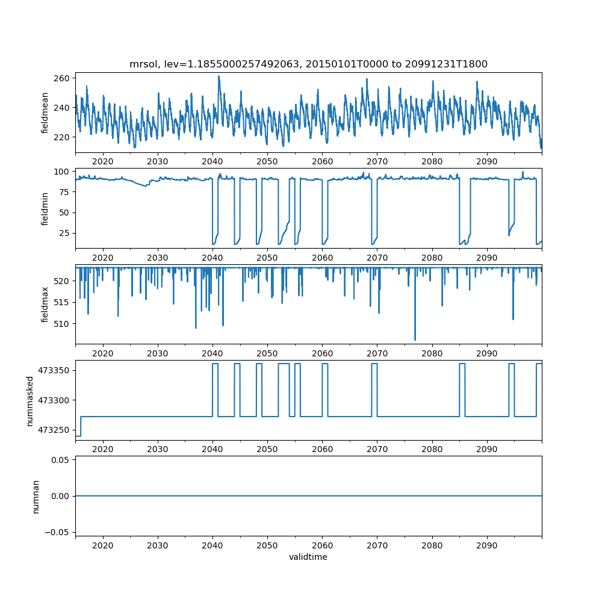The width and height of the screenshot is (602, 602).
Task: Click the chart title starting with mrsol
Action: pos(308,64)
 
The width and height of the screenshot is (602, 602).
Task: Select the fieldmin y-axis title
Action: pos(45,208)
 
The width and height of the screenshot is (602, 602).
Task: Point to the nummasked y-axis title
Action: pos(30,401)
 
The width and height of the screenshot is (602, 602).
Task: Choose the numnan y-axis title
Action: pos(36,496)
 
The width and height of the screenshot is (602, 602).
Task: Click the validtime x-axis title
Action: pos(308,557)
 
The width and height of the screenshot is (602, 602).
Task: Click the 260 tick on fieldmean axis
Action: pos(63,78)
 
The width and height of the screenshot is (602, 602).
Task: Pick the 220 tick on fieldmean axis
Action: pos(63,137)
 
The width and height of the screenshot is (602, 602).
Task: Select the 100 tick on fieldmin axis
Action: pos(63,172)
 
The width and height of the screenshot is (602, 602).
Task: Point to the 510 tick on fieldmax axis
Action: pos(63,323)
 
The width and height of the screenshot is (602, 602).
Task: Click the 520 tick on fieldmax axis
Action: pos(63,281)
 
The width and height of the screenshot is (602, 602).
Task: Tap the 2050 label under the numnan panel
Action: pos(267,545)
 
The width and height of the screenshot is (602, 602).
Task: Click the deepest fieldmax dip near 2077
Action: pos(415,340)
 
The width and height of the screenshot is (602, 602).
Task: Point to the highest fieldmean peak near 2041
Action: pos(219,76)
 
